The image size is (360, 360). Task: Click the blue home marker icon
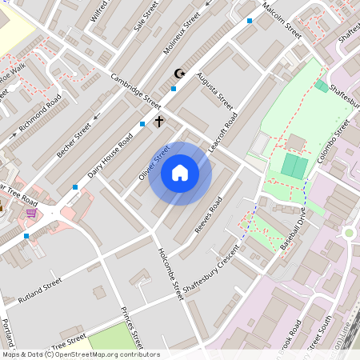(180, 173)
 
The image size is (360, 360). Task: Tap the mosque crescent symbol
(179, 74)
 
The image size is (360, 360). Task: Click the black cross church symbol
(158, 122)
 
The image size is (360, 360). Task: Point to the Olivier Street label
(154, 162)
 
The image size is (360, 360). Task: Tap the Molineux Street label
(181, 37)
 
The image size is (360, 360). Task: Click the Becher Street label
(74, 138)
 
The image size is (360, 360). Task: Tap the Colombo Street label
(334, 142)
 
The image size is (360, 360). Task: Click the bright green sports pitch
(294, 166)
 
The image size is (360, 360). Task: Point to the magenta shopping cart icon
(31, 213)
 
